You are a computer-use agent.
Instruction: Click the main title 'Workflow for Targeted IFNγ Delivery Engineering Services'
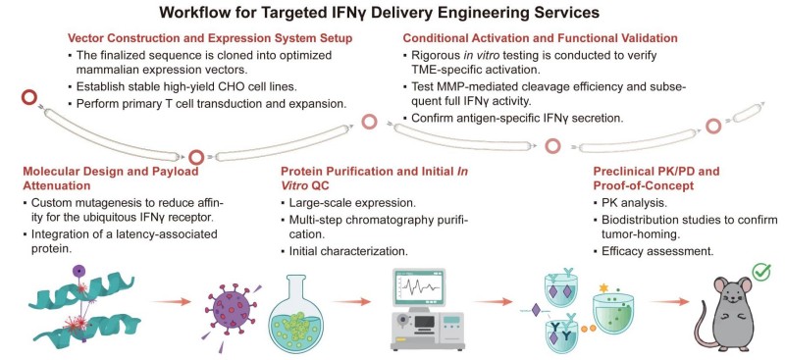tap(392, 13)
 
